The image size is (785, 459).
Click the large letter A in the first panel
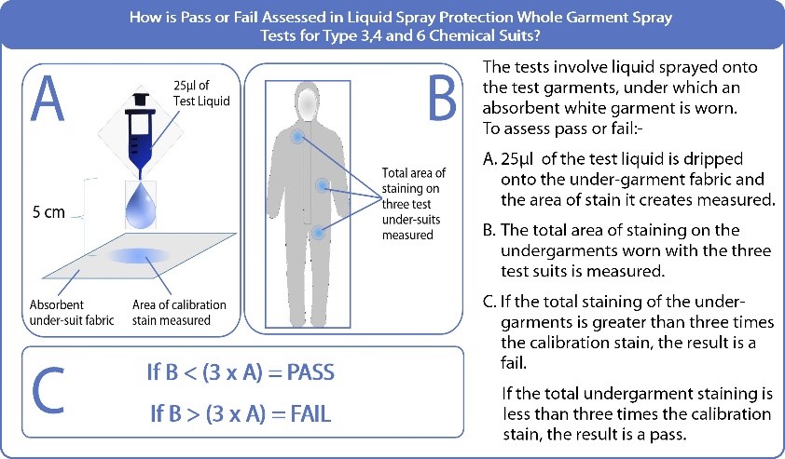[x=48, y=98]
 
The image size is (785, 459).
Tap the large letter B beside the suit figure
[x=442, y=98]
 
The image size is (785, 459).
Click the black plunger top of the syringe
[x=141, y=100]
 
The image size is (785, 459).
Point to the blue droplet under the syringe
[x=141, y=207]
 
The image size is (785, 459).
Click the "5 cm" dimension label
[x=48, y=212]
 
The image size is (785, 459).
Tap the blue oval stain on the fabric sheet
[x=139, y=255]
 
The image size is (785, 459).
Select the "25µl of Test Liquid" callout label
[x=201, y=93]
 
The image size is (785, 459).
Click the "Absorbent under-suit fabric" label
[x=72, y=313]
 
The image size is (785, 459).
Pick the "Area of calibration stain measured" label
[x=179, y=313]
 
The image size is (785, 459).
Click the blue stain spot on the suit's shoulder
[x=298, y=136]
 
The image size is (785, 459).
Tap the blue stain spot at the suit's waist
[x=323, y=186]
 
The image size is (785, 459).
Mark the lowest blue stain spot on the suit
[x=318, y=233]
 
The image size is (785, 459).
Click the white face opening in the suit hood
[x=308, y=104]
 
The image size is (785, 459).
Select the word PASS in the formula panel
[x=310, y=372]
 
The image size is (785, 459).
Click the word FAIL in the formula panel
[x=310, y=414]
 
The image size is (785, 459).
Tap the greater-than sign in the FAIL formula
[x=194, y=415]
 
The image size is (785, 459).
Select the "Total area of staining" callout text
[x=414, y=181]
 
